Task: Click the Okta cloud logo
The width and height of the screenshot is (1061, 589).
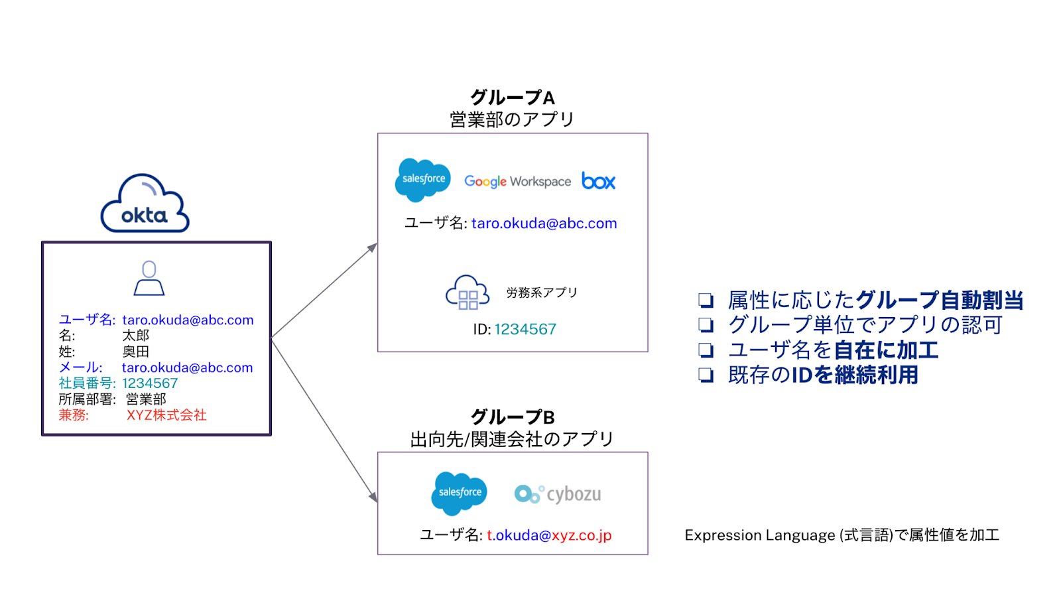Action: tap(145, 204)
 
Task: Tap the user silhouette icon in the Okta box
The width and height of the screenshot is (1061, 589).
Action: tap(149, 278)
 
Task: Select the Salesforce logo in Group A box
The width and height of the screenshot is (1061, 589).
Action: tap(422, 180)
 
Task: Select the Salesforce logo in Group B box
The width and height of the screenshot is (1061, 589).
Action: tap(459, 493)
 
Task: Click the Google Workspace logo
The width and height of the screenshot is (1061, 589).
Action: tap(517, 181)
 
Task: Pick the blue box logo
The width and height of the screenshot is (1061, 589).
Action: tap(598, 181)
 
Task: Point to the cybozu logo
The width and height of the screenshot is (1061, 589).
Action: tap(558, 494)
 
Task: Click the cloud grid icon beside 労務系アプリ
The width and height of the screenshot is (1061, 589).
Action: tap(467, 293)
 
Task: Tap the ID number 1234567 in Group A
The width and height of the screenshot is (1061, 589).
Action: tap(525, 329)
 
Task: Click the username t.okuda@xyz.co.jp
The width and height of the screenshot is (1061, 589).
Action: tap(549, 535)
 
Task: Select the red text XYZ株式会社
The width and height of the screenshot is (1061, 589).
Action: tap(166, 415)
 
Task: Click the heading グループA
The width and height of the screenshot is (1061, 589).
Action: tap(512, 98)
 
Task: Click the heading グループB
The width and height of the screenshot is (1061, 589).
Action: tap(512, 417)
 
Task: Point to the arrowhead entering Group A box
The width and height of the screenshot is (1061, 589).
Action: tap(373, 247)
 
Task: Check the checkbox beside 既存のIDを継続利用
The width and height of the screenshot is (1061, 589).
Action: tap(706, 375)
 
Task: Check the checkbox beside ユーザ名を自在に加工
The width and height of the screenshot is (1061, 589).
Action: tap(706, 350)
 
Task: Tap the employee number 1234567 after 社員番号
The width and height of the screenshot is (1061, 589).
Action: tap(150, 383)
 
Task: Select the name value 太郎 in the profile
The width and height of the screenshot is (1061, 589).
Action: tap(136, 336)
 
